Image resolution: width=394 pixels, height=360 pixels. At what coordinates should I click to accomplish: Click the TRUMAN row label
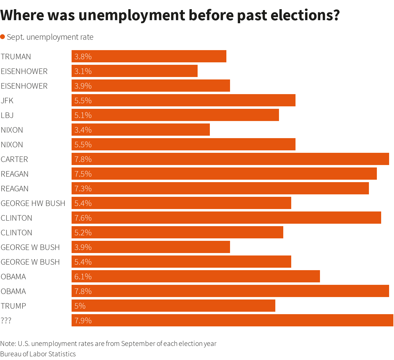point(16,57)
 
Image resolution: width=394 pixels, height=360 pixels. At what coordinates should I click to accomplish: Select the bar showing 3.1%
point(135,71)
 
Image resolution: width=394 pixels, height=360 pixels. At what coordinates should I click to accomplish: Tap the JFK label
point(7,101)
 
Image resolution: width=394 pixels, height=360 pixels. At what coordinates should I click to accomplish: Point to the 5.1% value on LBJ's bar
point(83,115)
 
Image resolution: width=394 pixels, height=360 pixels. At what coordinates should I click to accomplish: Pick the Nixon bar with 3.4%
point(141,130)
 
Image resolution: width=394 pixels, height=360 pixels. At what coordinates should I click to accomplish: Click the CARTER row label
point(14,159)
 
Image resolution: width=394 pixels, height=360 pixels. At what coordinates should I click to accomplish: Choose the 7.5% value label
point(83,174)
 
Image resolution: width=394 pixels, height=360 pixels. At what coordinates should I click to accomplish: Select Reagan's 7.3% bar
point(220,188)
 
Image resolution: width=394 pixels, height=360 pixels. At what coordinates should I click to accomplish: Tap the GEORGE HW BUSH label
point(33,203)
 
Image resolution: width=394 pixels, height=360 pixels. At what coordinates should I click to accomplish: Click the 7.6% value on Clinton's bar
point(83,218)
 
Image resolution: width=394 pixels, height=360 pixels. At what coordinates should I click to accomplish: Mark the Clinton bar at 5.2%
point(177,232)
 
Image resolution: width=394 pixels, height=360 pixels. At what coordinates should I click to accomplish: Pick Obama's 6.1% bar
point(196,276)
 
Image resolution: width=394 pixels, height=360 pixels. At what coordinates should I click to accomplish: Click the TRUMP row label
point(13,306)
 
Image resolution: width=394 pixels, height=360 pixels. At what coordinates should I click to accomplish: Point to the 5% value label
point(80,306)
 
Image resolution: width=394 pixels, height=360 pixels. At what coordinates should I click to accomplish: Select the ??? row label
point(6,321)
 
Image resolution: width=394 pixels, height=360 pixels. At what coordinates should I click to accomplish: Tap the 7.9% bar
point(232,320)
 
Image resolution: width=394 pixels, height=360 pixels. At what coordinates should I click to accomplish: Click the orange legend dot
point(3,37)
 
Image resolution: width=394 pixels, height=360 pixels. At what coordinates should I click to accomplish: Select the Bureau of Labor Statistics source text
point(38,354)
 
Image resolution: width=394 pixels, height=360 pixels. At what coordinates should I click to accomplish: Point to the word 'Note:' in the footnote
point(8,343)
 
